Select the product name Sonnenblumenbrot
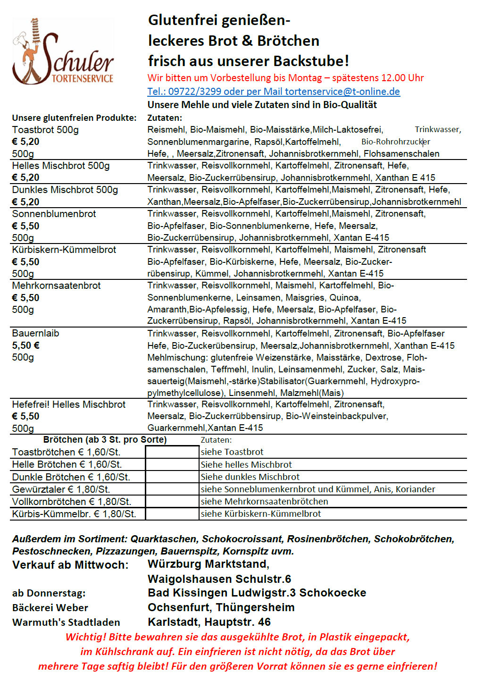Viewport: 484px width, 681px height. (x=54, y=214)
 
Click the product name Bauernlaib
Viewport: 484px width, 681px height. (x=35, y=333)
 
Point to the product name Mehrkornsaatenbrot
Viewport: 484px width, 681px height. (x=56, y=286)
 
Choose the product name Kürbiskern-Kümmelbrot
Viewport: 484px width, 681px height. (x=64, y=250)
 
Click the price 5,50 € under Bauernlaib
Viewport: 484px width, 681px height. (x=25, y=345)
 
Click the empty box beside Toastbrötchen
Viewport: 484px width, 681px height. (x=172, y=452)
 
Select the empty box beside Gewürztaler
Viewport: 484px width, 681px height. (x=172, y=489)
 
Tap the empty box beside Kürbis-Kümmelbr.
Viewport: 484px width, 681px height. (x=172, y=514)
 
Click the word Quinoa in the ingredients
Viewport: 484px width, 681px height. (x=344, y=298)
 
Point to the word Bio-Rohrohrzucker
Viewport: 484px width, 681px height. (x=395, y=142)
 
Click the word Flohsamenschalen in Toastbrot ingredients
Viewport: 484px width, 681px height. (x=401, y=154)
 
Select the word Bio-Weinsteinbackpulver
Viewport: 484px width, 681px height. (x=336, y=416)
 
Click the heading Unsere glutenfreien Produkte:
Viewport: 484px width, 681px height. (x=74, y=118)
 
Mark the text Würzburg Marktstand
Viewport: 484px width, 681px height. (x=208, y=564)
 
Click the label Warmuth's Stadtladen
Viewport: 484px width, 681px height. (x=66, y=622)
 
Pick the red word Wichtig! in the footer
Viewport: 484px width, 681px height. (x=86, y=637)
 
